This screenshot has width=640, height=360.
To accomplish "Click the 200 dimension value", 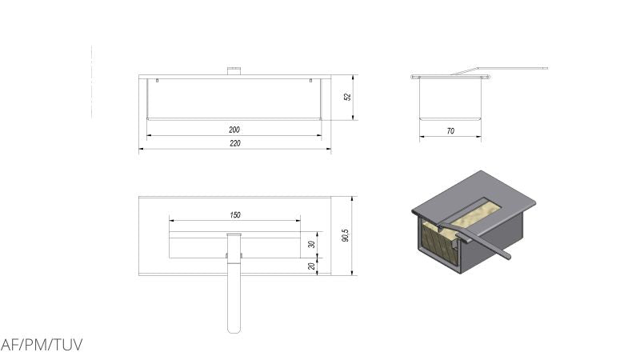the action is click(234, 130).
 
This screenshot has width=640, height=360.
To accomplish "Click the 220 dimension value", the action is click(235, 143).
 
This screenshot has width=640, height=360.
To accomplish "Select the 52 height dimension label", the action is click(347, 97).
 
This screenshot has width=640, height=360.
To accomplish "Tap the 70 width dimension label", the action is click(450, 131).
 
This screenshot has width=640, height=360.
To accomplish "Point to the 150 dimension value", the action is click(235, 214).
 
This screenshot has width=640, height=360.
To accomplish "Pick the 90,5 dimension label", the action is click(346, 235).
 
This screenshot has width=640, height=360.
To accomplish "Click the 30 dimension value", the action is click(311, 244).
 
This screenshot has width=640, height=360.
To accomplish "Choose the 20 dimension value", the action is click(311, 266).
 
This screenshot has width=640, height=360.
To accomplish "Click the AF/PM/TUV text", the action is click(42, 345).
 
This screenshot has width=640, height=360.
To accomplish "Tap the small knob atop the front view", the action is click(234, 71).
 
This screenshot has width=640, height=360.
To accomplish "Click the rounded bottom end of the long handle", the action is click(234, 329).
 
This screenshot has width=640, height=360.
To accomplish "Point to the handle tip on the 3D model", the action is click(508, 256).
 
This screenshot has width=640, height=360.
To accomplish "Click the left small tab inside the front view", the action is click(157, 81).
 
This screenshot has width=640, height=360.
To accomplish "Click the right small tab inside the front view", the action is click(310, 81).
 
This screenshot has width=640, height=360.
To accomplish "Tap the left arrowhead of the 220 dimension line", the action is click(142, 149).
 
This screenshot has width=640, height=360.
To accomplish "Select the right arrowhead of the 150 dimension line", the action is click(298, 221).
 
